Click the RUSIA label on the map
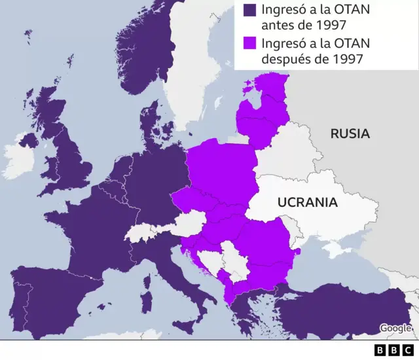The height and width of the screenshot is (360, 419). (350, 134)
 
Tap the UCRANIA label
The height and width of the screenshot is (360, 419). (307, 202)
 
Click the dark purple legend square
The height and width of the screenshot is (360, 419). (250, 10)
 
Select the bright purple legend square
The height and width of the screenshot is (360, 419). (250, 44)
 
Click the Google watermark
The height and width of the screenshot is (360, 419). (395, 328)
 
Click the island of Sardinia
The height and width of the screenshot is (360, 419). (147, 295)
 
